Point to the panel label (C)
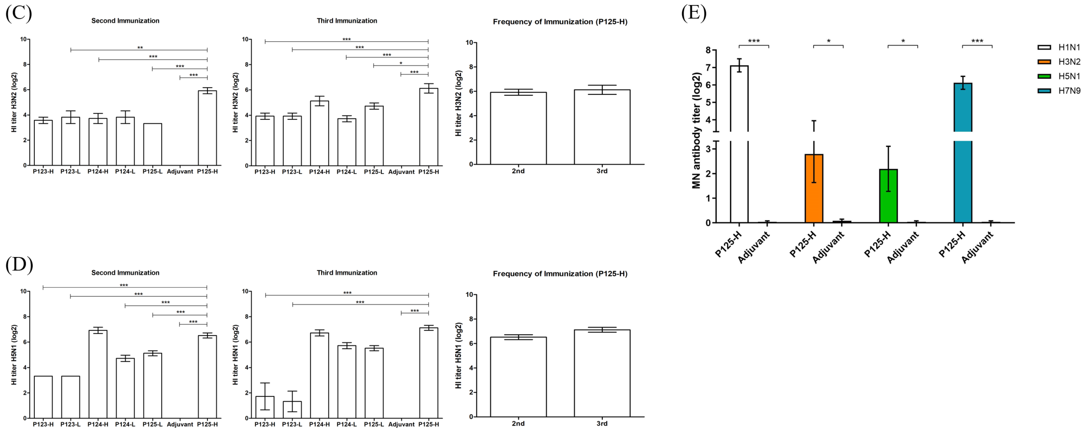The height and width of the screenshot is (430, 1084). click(19, 13)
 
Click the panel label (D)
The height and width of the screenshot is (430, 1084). click(19, 265)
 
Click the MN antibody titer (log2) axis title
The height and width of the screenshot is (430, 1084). click(697, 130)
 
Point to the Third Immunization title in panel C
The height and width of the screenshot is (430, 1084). click(347, 21)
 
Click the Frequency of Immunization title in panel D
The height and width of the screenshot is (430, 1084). click(560, 274)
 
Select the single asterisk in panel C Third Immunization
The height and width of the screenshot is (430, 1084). click(401, 63)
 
